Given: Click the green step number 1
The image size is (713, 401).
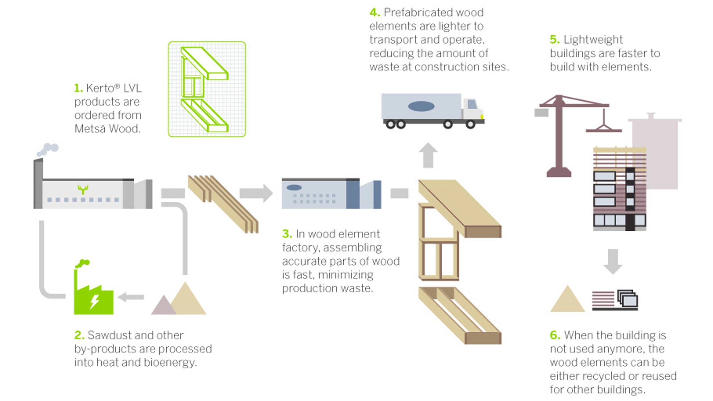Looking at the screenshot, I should tap(78, 88).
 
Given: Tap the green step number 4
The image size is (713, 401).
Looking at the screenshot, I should tap(374, 13).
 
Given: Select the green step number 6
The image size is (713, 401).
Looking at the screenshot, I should tap(555, 335).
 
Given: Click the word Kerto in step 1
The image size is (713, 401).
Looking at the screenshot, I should tap(99, 88).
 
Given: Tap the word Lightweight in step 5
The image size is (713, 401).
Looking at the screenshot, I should tap(593, 40).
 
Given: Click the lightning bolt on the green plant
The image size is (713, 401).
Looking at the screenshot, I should tap(95, 301).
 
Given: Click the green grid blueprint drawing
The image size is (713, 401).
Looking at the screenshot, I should tap(207, 89).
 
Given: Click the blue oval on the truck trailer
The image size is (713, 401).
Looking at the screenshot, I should tap(421, 106).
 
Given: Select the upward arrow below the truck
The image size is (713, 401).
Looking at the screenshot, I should tap(428, 155).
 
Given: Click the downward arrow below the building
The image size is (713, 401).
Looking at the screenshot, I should tap(613, 261).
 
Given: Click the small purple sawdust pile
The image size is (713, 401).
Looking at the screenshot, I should tap(163, 306).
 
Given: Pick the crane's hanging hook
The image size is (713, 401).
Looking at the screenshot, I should tap(604, 126).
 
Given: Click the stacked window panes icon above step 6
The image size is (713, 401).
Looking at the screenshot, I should tap(628, 299).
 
